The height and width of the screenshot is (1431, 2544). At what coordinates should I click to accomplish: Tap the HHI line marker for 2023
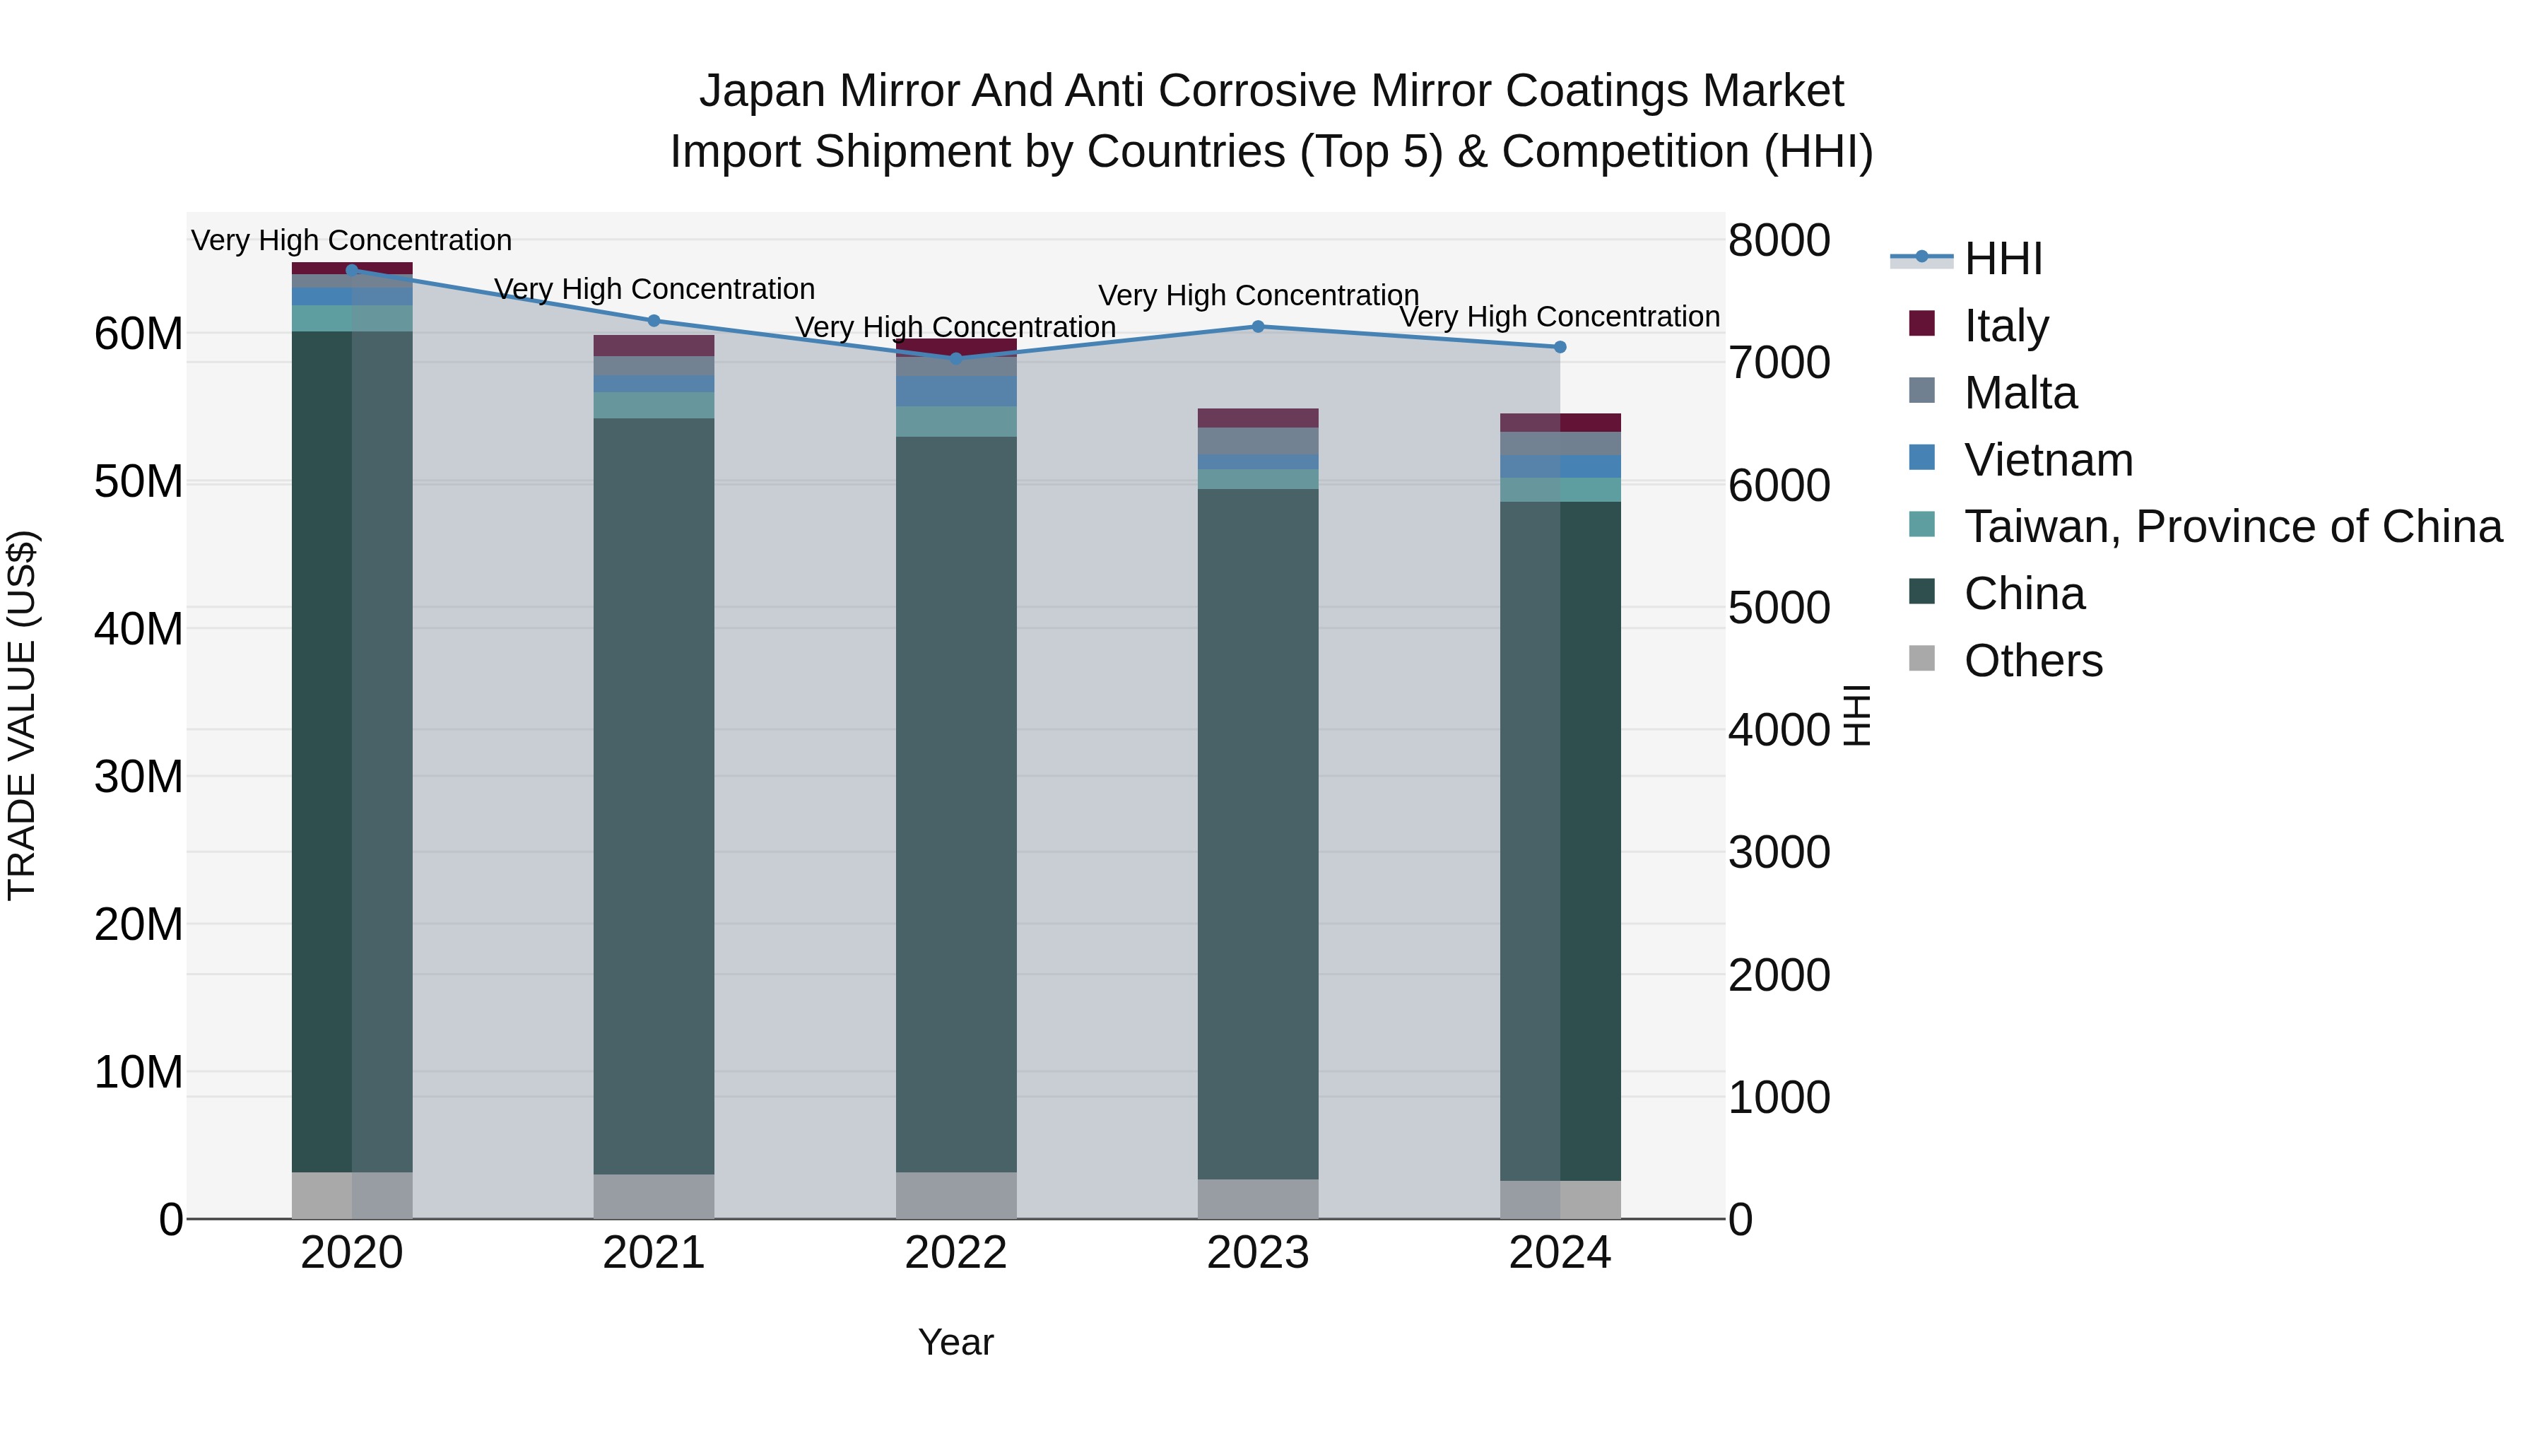point(1257,327)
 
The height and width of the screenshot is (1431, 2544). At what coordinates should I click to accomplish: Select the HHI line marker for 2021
point(653,321)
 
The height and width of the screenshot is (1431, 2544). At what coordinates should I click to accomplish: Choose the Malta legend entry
point(2020,393)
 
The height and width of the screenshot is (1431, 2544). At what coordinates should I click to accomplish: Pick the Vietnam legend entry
point(2047,460)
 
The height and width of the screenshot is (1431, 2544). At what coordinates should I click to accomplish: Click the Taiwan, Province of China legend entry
point(2232,526)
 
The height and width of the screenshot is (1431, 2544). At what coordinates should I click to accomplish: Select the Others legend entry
point(2032,661)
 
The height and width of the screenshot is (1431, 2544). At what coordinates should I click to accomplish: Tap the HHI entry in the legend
point(2002,259)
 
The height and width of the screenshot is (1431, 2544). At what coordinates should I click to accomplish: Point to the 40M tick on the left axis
point(139,629)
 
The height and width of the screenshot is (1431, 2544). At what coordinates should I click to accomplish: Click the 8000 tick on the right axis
point(1779,240)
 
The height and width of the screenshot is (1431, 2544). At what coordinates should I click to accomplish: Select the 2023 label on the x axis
point(1257,1253)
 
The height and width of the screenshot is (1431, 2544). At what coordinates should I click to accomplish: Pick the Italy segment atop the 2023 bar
point(1257,418)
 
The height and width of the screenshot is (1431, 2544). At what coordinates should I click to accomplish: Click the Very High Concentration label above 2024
point(1560,317)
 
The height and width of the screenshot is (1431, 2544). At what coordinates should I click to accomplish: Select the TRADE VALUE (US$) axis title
point(22,715)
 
